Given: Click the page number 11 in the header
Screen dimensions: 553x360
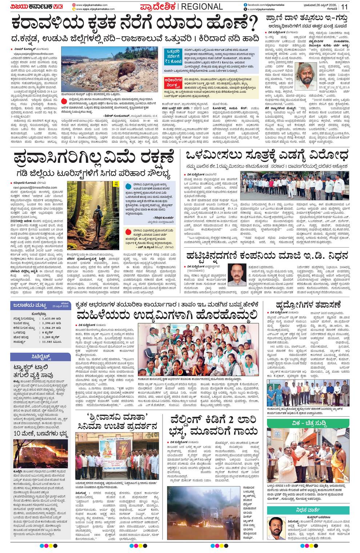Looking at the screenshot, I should pyautogui.click(x=344, y=6).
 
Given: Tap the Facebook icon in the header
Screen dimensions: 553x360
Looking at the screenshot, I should pyautogui.click(x=245, y=4).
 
